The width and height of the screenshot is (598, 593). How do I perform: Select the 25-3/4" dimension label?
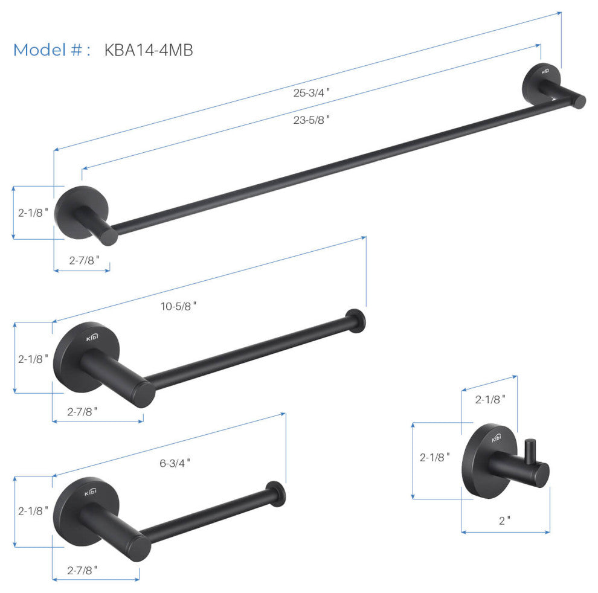click(x=312, y=92)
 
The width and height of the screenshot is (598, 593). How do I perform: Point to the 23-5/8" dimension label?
click(x=312, y=120)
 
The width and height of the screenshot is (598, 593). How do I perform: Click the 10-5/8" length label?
click(x=179, y=306)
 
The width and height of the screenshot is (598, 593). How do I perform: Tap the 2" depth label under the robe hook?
click(x=504, y=519)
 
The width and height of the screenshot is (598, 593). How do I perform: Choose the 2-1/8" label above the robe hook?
click(x=490, y=399)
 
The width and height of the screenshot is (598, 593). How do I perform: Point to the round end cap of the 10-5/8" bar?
click(x=355, y=321)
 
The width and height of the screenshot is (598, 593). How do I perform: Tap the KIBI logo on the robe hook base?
click(x=496, y=437)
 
